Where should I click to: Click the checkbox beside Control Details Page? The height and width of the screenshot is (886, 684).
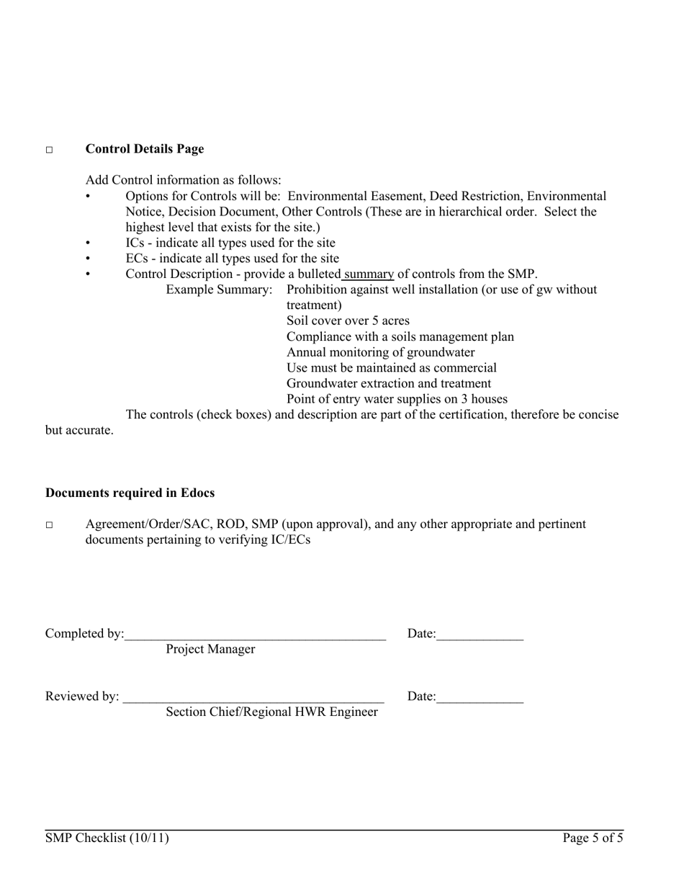coord(50,150)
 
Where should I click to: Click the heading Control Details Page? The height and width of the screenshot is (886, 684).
coord(144,149)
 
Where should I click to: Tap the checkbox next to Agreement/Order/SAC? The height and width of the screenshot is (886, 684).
coord(50,525)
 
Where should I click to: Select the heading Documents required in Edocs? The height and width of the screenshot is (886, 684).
coord(130,493)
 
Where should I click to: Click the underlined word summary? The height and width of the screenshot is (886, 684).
coord(369,274)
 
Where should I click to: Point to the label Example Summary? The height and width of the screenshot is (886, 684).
coord(219,290)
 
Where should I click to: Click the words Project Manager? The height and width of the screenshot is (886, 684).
coord(210,649)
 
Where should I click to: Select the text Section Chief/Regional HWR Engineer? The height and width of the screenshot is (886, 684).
coord(271,712)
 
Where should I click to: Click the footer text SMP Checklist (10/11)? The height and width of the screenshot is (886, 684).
coord(107,838)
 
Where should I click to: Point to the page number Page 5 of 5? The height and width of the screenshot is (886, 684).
coord(593,838)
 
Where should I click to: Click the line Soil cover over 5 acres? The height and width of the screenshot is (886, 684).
coord(347,321)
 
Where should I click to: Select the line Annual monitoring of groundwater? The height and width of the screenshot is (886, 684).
coord(380,352)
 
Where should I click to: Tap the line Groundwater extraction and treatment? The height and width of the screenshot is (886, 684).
coord(389,383)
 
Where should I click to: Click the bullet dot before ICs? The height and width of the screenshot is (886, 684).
coord(89,243)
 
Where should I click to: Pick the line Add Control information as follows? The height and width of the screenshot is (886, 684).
coord(184,180)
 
